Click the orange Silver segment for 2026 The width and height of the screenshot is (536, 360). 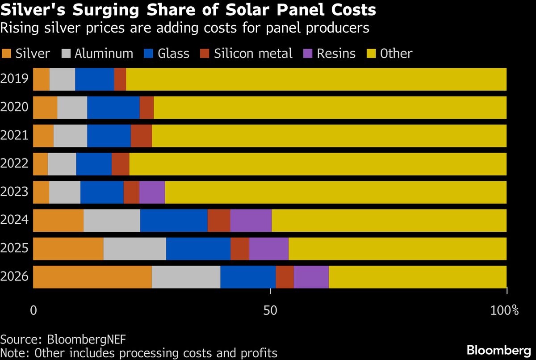[92, 277]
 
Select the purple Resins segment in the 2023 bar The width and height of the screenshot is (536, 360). [152, 192]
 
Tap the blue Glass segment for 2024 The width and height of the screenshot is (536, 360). [174, 220]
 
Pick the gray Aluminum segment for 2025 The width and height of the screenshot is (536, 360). [134, 249]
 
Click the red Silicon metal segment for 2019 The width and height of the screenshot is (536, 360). [120, 79]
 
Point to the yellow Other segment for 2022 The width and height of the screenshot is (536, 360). [318, 164]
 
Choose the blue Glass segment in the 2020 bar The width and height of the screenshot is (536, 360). [113, 107]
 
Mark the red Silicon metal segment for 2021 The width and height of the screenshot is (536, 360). [141, 136]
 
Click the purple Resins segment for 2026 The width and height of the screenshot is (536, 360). [311, 277]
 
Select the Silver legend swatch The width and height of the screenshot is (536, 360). [7, 54]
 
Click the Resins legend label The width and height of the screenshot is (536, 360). [336, 54]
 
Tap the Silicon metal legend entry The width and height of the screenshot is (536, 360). [253, 54]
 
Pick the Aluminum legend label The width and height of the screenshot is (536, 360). [104, 54]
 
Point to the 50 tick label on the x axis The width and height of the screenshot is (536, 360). [270, 310]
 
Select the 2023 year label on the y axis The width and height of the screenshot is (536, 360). [15, 192]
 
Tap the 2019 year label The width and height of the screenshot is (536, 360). [15, 79]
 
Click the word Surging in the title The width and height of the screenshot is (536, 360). [92, 10]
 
